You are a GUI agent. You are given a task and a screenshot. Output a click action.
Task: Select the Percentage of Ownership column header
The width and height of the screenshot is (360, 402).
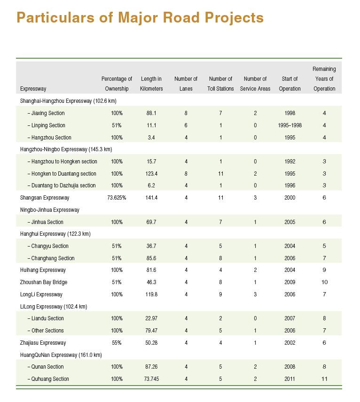(117, 84)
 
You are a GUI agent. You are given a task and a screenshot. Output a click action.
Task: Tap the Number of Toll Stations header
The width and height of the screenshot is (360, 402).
(220, 84)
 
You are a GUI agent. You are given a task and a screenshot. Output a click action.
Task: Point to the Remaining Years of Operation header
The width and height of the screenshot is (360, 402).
(324, 79)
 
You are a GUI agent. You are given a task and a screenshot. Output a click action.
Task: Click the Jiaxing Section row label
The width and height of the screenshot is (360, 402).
(46, 113)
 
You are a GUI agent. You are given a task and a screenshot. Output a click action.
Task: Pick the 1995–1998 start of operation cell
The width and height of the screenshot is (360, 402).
(290, 125)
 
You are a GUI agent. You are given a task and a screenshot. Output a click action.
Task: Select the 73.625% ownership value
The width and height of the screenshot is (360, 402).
(117, 198)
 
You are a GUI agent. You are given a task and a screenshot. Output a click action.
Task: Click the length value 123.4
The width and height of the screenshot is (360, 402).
(151, 174)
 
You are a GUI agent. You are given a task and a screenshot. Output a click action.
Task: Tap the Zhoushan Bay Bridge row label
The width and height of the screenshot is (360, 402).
(44, 282)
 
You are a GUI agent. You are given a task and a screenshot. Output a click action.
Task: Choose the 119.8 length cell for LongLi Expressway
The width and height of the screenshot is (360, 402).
(151, 294)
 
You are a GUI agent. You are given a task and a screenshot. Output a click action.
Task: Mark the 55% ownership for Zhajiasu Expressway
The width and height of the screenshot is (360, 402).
(117, 343)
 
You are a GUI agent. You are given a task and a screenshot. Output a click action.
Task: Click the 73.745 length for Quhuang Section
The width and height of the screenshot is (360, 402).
(151, 379)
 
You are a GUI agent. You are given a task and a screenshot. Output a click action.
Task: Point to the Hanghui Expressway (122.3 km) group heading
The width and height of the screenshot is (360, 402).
(55, 233)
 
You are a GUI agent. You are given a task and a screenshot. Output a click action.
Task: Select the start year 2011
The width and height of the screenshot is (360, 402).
(290, 379)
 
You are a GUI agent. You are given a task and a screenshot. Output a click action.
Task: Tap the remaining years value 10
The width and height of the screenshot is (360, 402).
(324, 282)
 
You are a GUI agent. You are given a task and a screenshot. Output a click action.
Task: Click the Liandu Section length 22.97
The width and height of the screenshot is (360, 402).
(151, 318)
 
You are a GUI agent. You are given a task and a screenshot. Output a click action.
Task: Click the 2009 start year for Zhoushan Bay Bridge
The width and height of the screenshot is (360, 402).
(290, 282)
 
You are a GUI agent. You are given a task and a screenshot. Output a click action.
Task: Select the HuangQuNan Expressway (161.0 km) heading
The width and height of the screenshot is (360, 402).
(61, 355)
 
